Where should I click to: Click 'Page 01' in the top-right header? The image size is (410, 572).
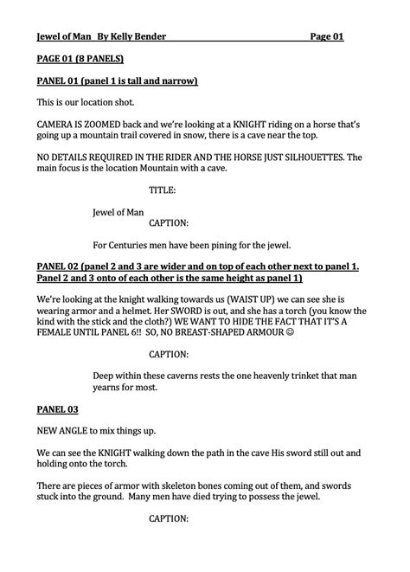(327, 36)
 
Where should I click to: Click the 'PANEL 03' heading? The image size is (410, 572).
(58, 408)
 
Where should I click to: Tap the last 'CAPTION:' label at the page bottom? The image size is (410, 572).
(169, 518)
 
